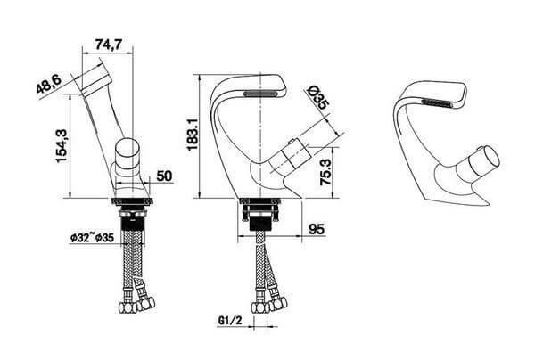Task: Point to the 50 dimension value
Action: (x=163, y=176)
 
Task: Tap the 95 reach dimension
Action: (x=314, y=230)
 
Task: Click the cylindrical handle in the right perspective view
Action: (x=478, y=164)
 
